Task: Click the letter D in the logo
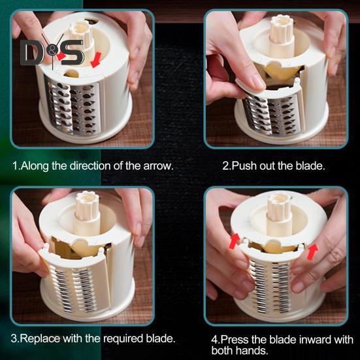(x=31, y=53)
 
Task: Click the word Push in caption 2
(x=244, y=165)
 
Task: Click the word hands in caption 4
(x=252, y=351)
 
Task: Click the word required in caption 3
(x=123, y=339)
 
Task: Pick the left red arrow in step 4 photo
(x=234, y=241)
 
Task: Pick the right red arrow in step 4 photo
(x=312, y=252)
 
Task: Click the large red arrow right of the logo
(x=96, y=59)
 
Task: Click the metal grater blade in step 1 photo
(x=73, y=107)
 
